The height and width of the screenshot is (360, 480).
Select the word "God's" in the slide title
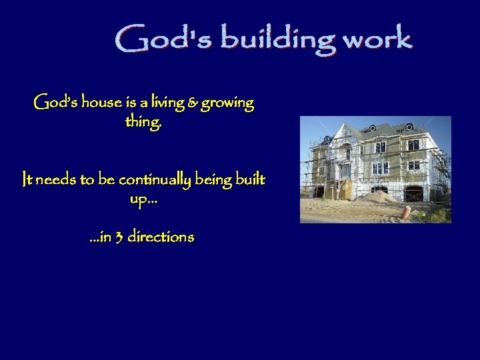[x=163, y=39]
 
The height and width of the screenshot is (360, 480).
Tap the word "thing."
[x=143, y=123]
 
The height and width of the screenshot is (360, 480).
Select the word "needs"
[x=55, y=180]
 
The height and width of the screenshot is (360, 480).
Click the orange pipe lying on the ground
[x=406, y=212]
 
